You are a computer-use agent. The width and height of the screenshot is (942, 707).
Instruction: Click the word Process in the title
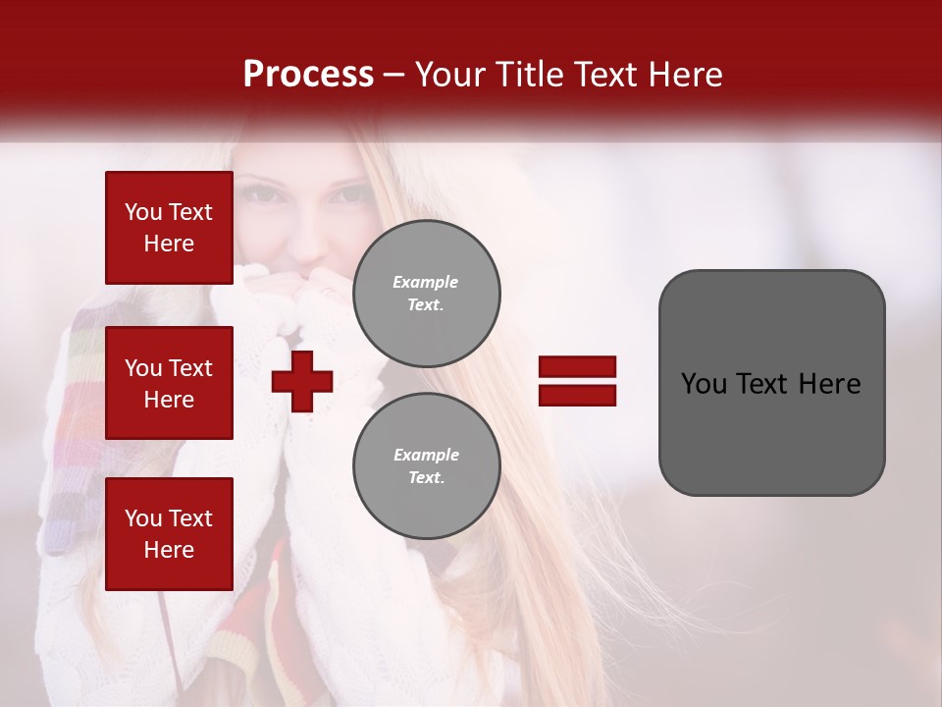tap(308, 75)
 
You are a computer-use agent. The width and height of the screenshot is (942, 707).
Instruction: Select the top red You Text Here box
tap(169, 228)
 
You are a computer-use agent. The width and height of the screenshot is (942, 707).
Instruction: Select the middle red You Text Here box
tap(169, 383)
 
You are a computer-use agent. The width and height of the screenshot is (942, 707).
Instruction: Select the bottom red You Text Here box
tap(169, 533)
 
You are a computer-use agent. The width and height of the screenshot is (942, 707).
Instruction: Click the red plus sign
tap(302, 381)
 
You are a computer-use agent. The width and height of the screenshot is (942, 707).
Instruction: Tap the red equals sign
tap(577, 381)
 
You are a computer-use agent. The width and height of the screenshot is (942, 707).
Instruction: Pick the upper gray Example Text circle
tap(426, 293)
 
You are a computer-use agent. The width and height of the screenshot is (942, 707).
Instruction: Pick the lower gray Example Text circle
tap(426, 465)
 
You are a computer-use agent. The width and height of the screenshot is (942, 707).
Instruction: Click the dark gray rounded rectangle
tap(771, 382)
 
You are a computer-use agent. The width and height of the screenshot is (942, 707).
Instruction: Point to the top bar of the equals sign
tap(577, 367)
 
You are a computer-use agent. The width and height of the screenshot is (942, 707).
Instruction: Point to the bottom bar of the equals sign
tap(577, 395)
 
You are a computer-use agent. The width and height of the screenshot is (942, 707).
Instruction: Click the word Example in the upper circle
tap(426, 282)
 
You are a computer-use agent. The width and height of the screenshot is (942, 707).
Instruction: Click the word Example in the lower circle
tap(426, 455)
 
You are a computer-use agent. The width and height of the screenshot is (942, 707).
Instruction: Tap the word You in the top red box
tap(143, 212)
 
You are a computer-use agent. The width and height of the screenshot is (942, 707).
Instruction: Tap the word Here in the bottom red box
tap(169, 550)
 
